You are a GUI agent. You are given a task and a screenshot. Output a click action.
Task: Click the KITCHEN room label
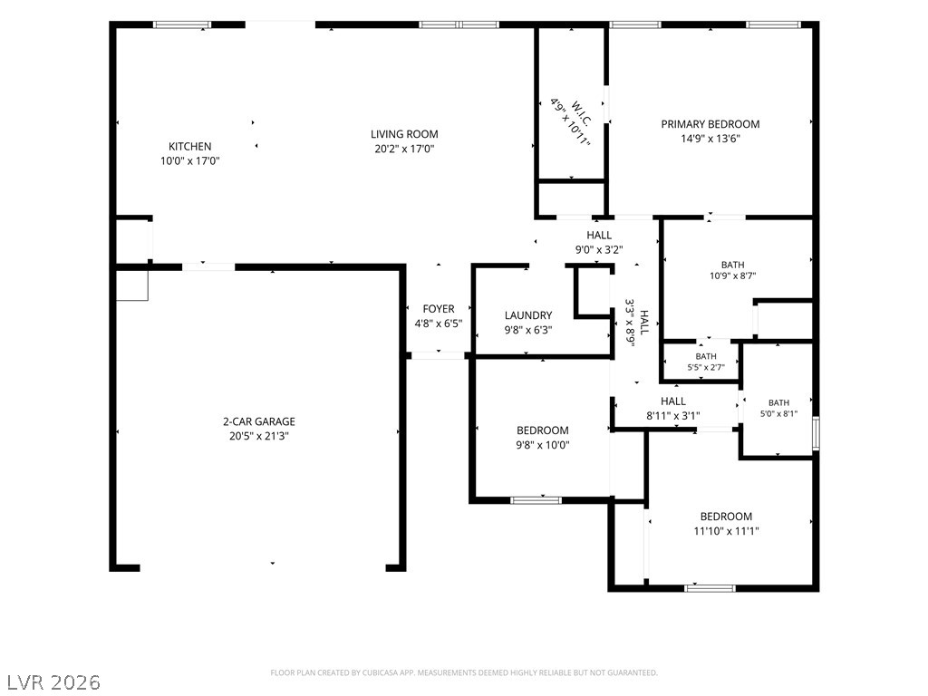click(x=190, y=146)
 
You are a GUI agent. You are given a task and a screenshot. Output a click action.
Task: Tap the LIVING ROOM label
click(x=404, y=134)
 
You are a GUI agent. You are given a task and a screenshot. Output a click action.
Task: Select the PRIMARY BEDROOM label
click(x=710, y=124)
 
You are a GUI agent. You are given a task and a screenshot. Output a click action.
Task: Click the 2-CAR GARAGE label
click(x=258, y=421)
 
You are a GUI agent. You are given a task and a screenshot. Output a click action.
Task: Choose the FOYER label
click(x=439, y=309)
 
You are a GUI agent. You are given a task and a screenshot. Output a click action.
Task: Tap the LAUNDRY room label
click(x=528, y=315)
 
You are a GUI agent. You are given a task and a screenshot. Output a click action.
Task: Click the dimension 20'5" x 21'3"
click(x=258, y=436)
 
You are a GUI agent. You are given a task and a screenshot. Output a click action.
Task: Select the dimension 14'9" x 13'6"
click(x=710, y=139)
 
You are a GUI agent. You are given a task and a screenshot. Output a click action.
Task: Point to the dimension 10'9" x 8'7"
click(x=732, y=275)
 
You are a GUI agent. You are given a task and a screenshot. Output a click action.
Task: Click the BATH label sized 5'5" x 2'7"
click(x=705, y=356)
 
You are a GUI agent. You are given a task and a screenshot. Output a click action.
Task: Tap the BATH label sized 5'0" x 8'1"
click(x=778, y=402)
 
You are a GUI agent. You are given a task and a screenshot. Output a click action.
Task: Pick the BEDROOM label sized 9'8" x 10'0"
click(x=542, y=430)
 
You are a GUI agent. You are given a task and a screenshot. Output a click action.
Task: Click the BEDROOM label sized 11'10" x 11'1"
click(x=726, y=516)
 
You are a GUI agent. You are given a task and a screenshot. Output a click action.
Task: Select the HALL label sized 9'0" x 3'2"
click(x=599, y=235)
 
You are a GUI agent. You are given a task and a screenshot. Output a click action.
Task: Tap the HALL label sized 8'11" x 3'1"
click(x=673, y=401)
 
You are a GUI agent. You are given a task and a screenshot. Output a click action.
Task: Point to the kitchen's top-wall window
click(x=182, y=24)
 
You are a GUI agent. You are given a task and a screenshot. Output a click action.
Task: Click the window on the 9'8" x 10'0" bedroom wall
click(x=536, y=500)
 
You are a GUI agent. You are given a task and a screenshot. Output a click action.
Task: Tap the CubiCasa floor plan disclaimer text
click(x=464, y=673)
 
